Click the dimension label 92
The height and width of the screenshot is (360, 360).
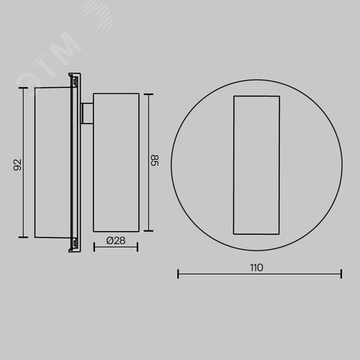coord(17,165)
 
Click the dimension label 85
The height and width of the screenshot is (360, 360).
coord(155,161)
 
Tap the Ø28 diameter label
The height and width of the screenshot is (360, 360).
coord(116,240)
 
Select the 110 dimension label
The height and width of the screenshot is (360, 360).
coord(256,267)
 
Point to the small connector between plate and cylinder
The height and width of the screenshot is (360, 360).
coord(87,114)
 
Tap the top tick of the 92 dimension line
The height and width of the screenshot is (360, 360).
coord(23,88)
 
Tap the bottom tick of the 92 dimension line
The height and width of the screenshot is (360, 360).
coord(23,237)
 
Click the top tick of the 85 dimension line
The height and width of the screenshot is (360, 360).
coord(148,94)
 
